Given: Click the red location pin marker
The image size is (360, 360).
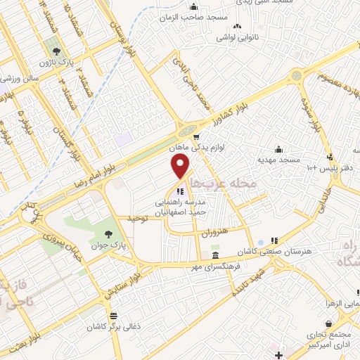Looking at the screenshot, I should click(181, 167).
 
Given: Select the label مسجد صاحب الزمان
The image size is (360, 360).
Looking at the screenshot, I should click(189, 14).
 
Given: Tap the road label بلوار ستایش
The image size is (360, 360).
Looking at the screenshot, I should click(121, 281).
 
